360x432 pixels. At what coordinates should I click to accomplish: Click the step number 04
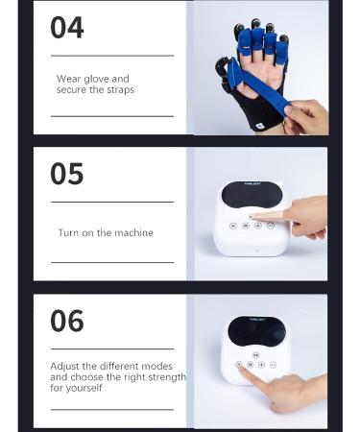click(x=66, y=28)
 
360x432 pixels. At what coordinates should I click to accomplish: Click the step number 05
click(x=66, y=174)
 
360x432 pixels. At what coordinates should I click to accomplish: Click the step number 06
click(x=66, y=321)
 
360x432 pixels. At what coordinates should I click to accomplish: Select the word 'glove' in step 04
click(x=99, y=80)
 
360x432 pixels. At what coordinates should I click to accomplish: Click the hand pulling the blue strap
click(x=306, y=117)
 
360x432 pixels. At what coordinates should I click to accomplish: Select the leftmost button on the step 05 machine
click(x=233, y=226)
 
